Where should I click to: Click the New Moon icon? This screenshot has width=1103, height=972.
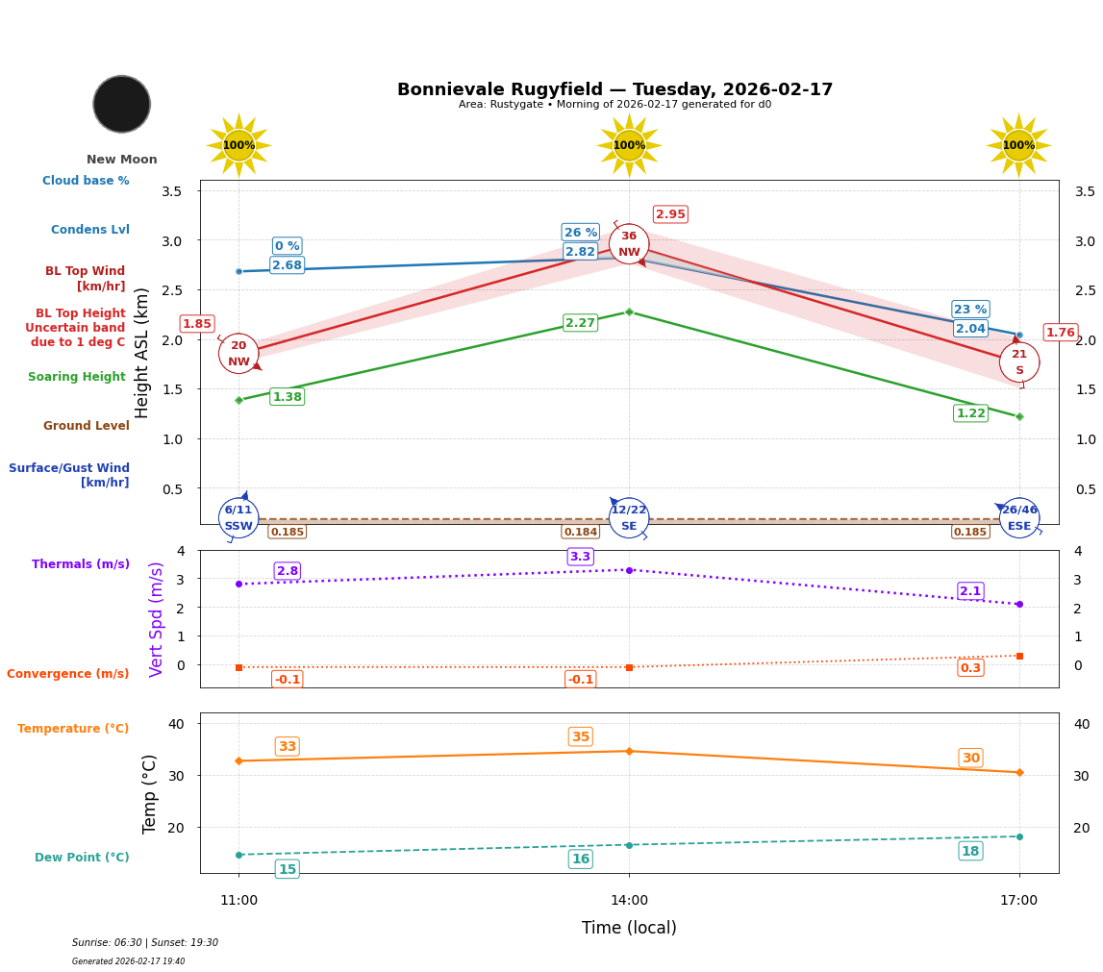tap(122, 104)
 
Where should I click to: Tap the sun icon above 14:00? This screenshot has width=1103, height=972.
tap(629, 145)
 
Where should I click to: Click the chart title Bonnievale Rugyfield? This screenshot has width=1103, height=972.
tap(614, 89)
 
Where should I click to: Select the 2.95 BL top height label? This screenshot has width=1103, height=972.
tap(670, 214)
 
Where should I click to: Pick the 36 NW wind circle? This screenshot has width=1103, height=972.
tap(629, 244)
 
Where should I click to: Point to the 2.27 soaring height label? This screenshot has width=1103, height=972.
tap(580, 323)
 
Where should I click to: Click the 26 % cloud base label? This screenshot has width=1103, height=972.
tap(581, 233)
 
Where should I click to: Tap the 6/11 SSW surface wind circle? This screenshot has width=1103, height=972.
tap(238, 517)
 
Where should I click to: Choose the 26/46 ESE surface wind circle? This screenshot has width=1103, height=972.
tap(1019, 517)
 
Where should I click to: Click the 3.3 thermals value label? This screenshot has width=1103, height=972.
tap(580, 557)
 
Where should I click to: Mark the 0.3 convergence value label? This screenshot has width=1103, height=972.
tap(970, 668)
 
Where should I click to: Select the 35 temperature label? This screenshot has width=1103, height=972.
tap(580, 737)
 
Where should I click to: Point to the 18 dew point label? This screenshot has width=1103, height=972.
tap(970, 851)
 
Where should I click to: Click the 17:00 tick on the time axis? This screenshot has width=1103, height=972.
tap(1019, 901)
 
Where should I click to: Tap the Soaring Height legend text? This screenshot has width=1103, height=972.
tap(77, 377)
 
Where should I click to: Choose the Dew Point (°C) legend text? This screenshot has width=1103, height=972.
tap(82, 858)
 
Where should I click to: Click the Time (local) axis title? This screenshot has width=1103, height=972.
tap(629, 928)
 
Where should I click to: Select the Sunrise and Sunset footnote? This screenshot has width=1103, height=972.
tap(145, 943)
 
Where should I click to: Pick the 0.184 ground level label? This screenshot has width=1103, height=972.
tap(580, 532)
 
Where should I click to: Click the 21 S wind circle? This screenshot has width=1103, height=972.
tap(1019, 362)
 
